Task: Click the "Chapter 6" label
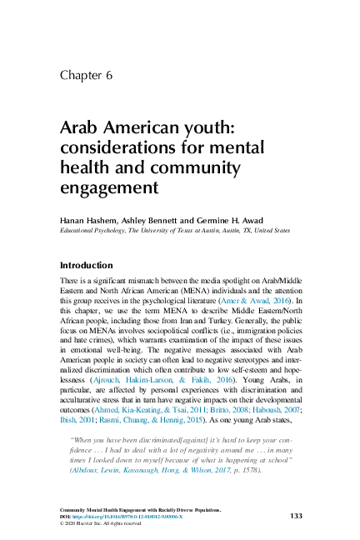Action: coord(86,76)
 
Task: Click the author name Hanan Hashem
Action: coord(87,218)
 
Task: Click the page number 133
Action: coord(296,516)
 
